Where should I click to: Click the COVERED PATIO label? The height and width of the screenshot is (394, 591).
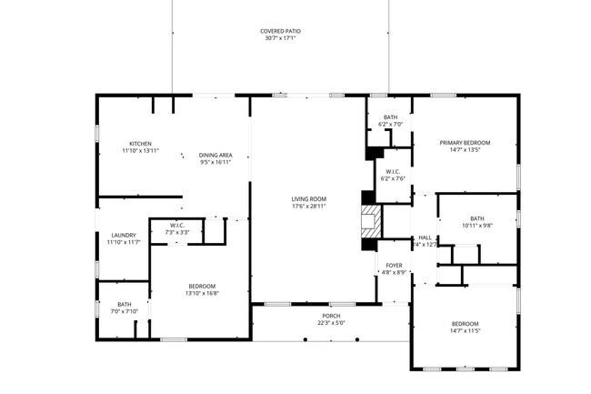point(280,31)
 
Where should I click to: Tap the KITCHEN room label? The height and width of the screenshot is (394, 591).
point(140,144)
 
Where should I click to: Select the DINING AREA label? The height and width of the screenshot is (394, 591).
point(215,155)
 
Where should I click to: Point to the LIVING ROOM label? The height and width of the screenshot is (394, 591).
point(309,198)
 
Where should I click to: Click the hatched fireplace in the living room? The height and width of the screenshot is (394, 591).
point(371,221)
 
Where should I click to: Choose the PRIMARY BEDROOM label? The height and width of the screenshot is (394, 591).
point(466,143)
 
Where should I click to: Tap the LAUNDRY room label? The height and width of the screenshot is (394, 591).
point(124,235)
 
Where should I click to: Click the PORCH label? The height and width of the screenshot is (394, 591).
point(331,316)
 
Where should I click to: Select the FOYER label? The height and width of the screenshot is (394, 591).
point(395,265)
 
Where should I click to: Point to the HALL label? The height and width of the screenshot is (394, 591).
point(425,237)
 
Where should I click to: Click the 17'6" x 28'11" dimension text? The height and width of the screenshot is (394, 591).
point(309,206)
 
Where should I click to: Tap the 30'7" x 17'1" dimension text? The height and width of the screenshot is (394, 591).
point(280,38)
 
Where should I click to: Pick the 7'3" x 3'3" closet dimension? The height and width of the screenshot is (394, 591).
point(177,232)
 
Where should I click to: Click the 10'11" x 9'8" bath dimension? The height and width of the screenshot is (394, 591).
point(477,226)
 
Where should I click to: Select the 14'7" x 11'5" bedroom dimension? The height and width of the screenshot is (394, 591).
point(466,330)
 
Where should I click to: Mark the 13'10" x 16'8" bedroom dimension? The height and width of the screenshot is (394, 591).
point(202,293)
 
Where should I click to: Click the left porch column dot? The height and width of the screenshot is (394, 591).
point(306,339)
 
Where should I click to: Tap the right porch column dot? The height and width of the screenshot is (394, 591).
point(357,339)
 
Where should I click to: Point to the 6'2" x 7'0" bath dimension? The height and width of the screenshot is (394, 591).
point(390,124)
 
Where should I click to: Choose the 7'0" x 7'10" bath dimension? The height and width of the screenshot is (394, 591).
point(125,311)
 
